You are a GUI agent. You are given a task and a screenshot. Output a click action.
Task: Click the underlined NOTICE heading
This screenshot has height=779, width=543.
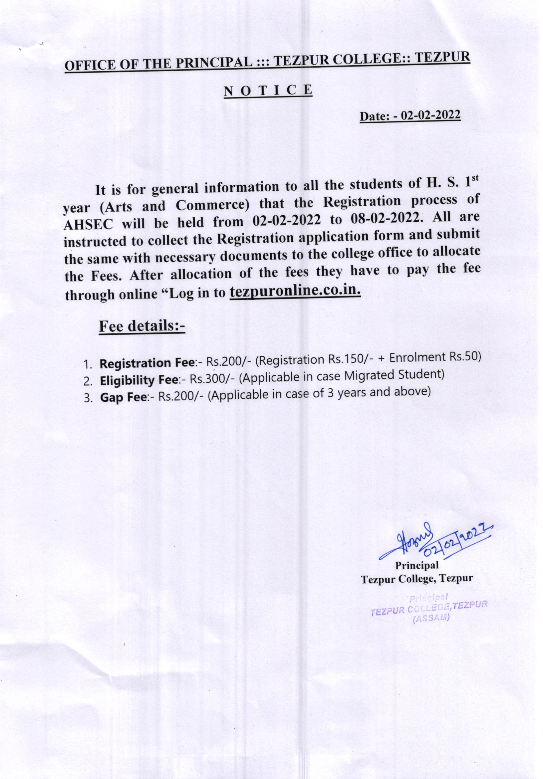[268, 91]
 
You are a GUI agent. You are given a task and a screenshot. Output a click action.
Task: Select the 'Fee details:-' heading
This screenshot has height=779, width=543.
[141, 326]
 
